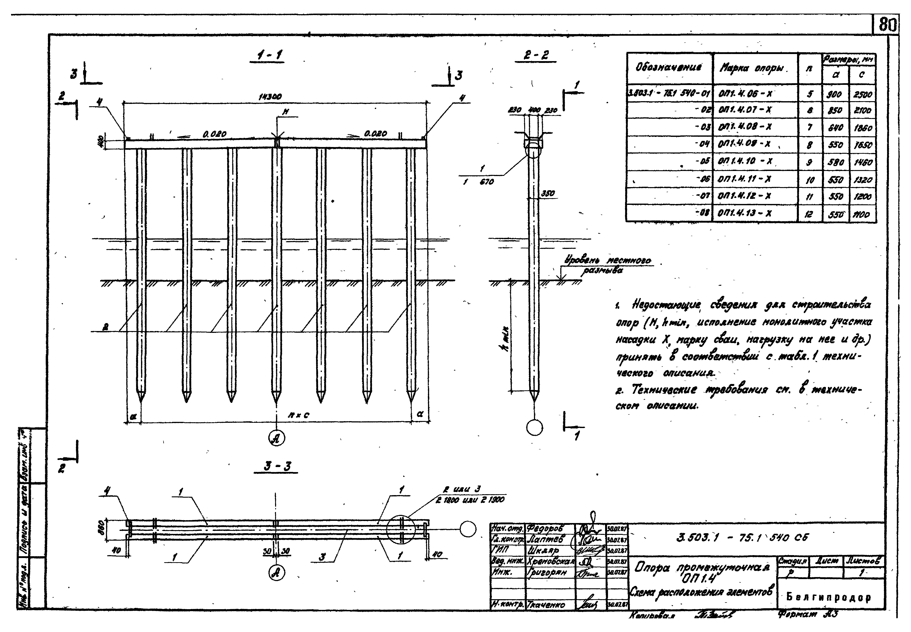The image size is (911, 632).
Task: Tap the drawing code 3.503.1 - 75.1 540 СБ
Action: tap(742, 537)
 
